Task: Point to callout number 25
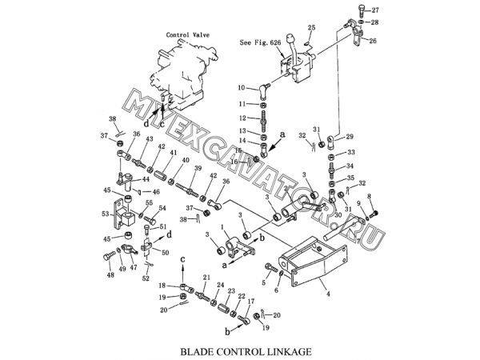pos(312,27)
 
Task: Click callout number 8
pos(369,197)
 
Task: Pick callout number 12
pos(241,118)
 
